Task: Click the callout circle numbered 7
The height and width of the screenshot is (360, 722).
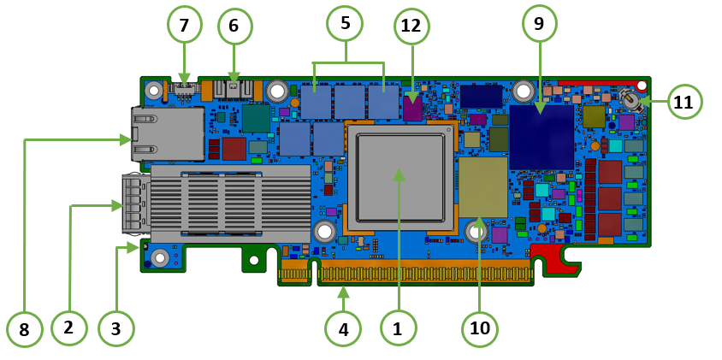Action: [184, 25]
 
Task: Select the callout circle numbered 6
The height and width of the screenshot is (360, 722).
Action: [234, 27]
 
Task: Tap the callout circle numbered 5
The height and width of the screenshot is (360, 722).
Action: [346, 24]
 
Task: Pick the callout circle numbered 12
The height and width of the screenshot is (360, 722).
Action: [411, 27]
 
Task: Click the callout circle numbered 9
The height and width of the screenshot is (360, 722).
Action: [539, 24]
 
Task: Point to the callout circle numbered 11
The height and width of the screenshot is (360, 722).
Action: [684, 102]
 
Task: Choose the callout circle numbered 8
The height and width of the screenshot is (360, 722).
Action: [25, 328]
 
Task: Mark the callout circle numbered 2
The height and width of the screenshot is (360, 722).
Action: [69, 327]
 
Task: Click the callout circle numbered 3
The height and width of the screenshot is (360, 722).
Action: [116, 328]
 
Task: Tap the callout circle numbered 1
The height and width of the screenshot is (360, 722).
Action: [397, 328]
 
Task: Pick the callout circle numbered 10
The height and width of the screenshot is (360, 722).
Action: [480, 328]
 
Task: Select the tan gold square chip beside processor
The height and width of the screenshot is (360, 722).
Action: [482, 186]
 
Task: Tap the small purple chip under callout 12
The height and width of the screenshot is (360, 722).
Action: [412, 109]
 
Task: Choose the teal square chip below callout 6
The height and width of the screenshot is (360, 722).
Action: [255, 118]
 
